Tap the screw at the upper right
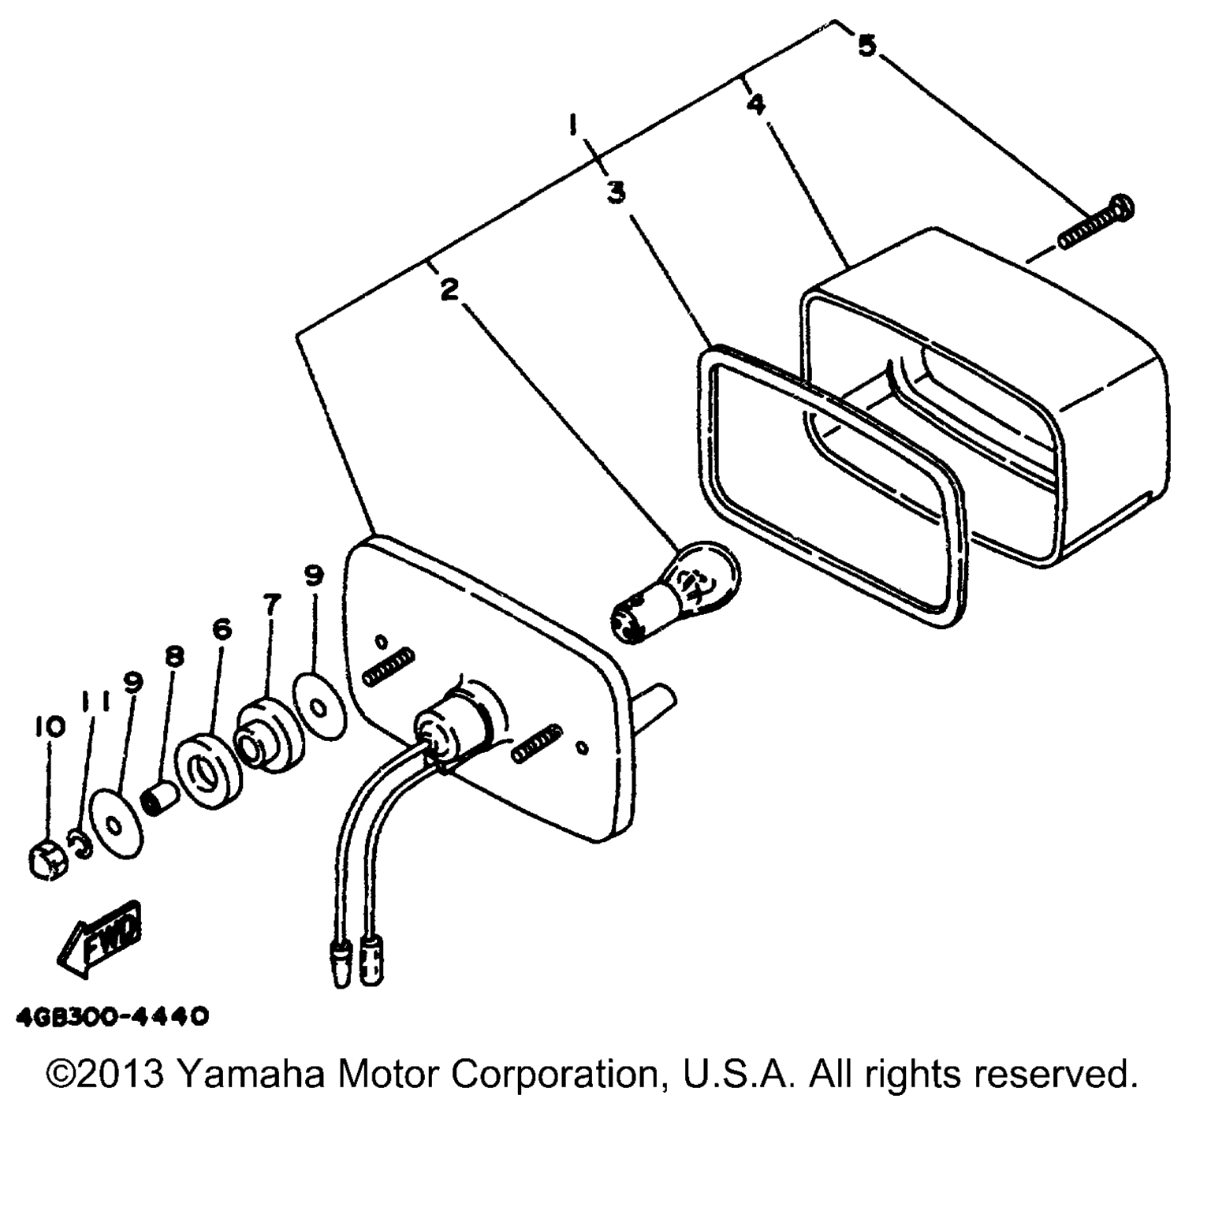click(1096, 222)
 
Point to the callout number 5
click(866, 46)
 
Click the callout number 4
click(755, 104)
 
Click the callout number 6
click(222, 628)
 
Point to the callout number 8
click(173, 656)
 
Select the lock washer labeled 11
click(79, 845)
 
